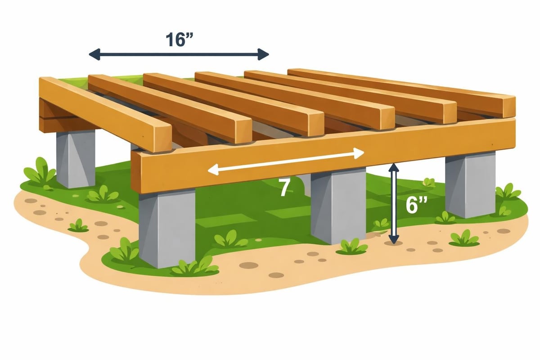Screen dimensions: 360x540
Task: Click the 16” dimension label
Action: pos(179,39)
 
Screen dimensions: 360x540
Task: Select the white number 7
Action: pos(283,188)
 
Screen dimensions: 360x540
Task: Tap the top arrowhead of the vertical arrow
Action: pos(394,166)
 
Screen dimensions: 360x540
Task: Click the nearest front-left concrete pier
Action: pos(167,227)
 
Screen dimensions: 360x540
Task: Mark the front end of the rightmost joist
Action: pos(506,105)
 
